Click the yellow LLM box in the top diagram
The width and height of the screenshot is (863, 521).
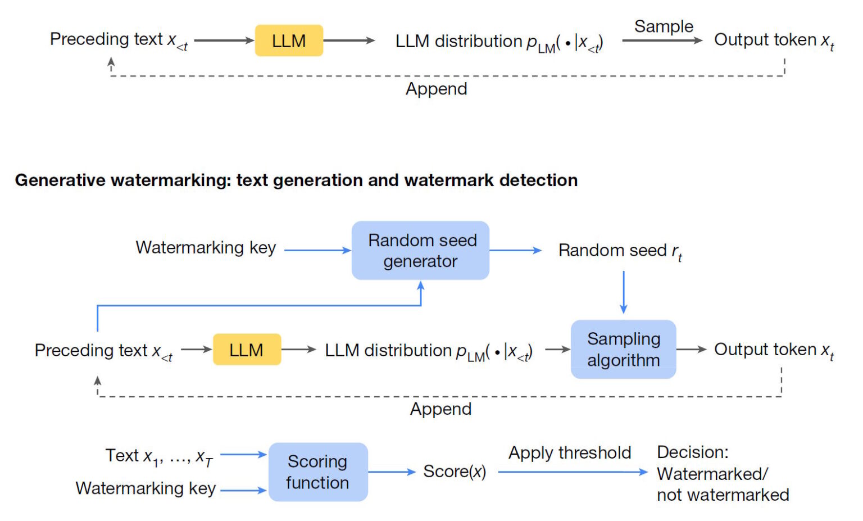point(289,40)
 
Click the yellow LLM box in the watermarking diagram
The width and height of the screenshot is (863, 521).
point(247,350)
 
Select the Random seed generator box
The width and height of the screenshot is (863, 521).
point(420,251)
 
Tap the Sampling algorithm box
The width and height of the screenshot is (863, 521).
point(623,349)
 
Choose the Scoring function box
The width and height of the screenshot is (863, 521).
point(318,472)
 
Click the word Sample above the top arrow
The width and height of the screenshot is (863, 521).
point(664,26)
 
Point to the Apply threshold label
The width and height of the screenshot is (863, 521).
point(569,452)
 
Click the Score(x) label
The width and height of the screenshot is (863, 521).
point(455,472)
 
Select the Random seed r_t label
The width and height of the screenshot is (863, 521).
point(620,251)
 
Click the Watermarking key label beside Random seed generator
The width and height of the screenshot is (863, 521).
point(206,248)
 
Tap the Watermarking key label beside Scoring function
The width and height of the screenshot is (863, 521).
point(146,488)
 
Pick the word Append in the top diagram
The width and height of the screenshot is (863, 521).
point(436,89)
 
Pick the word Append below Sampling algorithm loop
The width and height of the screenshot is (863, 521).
point(440,409)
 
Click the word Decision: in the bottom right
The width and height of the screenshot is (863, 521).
point(692,452)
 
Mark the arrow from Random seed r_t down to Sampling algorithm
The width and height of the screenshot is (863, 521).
point(623,292)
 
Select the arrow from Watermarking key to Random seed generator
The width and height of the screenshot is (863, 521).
point(317,250)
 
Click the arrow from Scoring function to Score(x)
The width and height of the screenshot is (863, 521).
point(392,472)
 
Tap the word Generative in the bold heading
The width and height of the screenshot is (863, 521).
point(60,180)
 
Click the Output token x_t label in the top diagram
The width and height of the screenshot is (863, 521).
point(774,40)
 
